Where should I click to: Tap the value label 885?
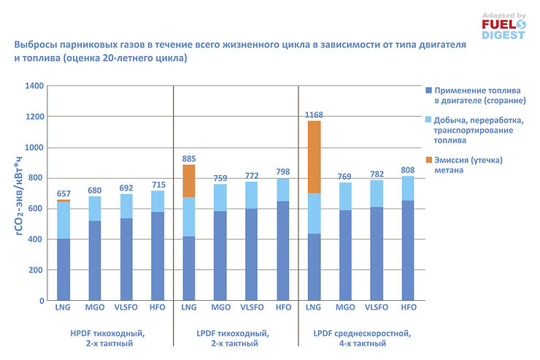(x=188, y=158)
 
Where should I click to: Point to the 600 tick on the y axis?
(x=32, y=209)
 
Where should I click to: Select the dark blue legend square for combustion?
(x=428, y=89)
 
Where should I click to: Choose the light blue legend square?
(x=428, y=119)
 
